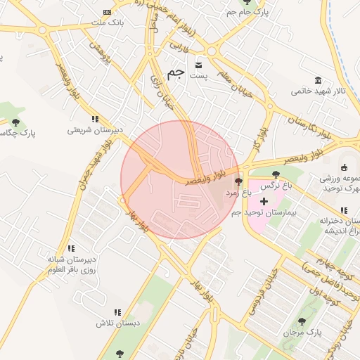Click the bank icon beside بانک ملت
(106, 12)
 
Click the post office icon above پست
(199, 61)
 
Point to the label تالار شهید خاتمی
(319, 91)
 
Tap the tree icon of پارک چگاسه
(16, 122)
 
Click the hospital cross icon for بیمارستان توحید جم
(264, 201)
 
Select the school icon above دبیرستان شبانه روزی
(71, 248)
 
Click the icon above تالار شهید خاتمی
(319, 79)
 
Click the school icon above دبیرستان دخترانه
(343, 210)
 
